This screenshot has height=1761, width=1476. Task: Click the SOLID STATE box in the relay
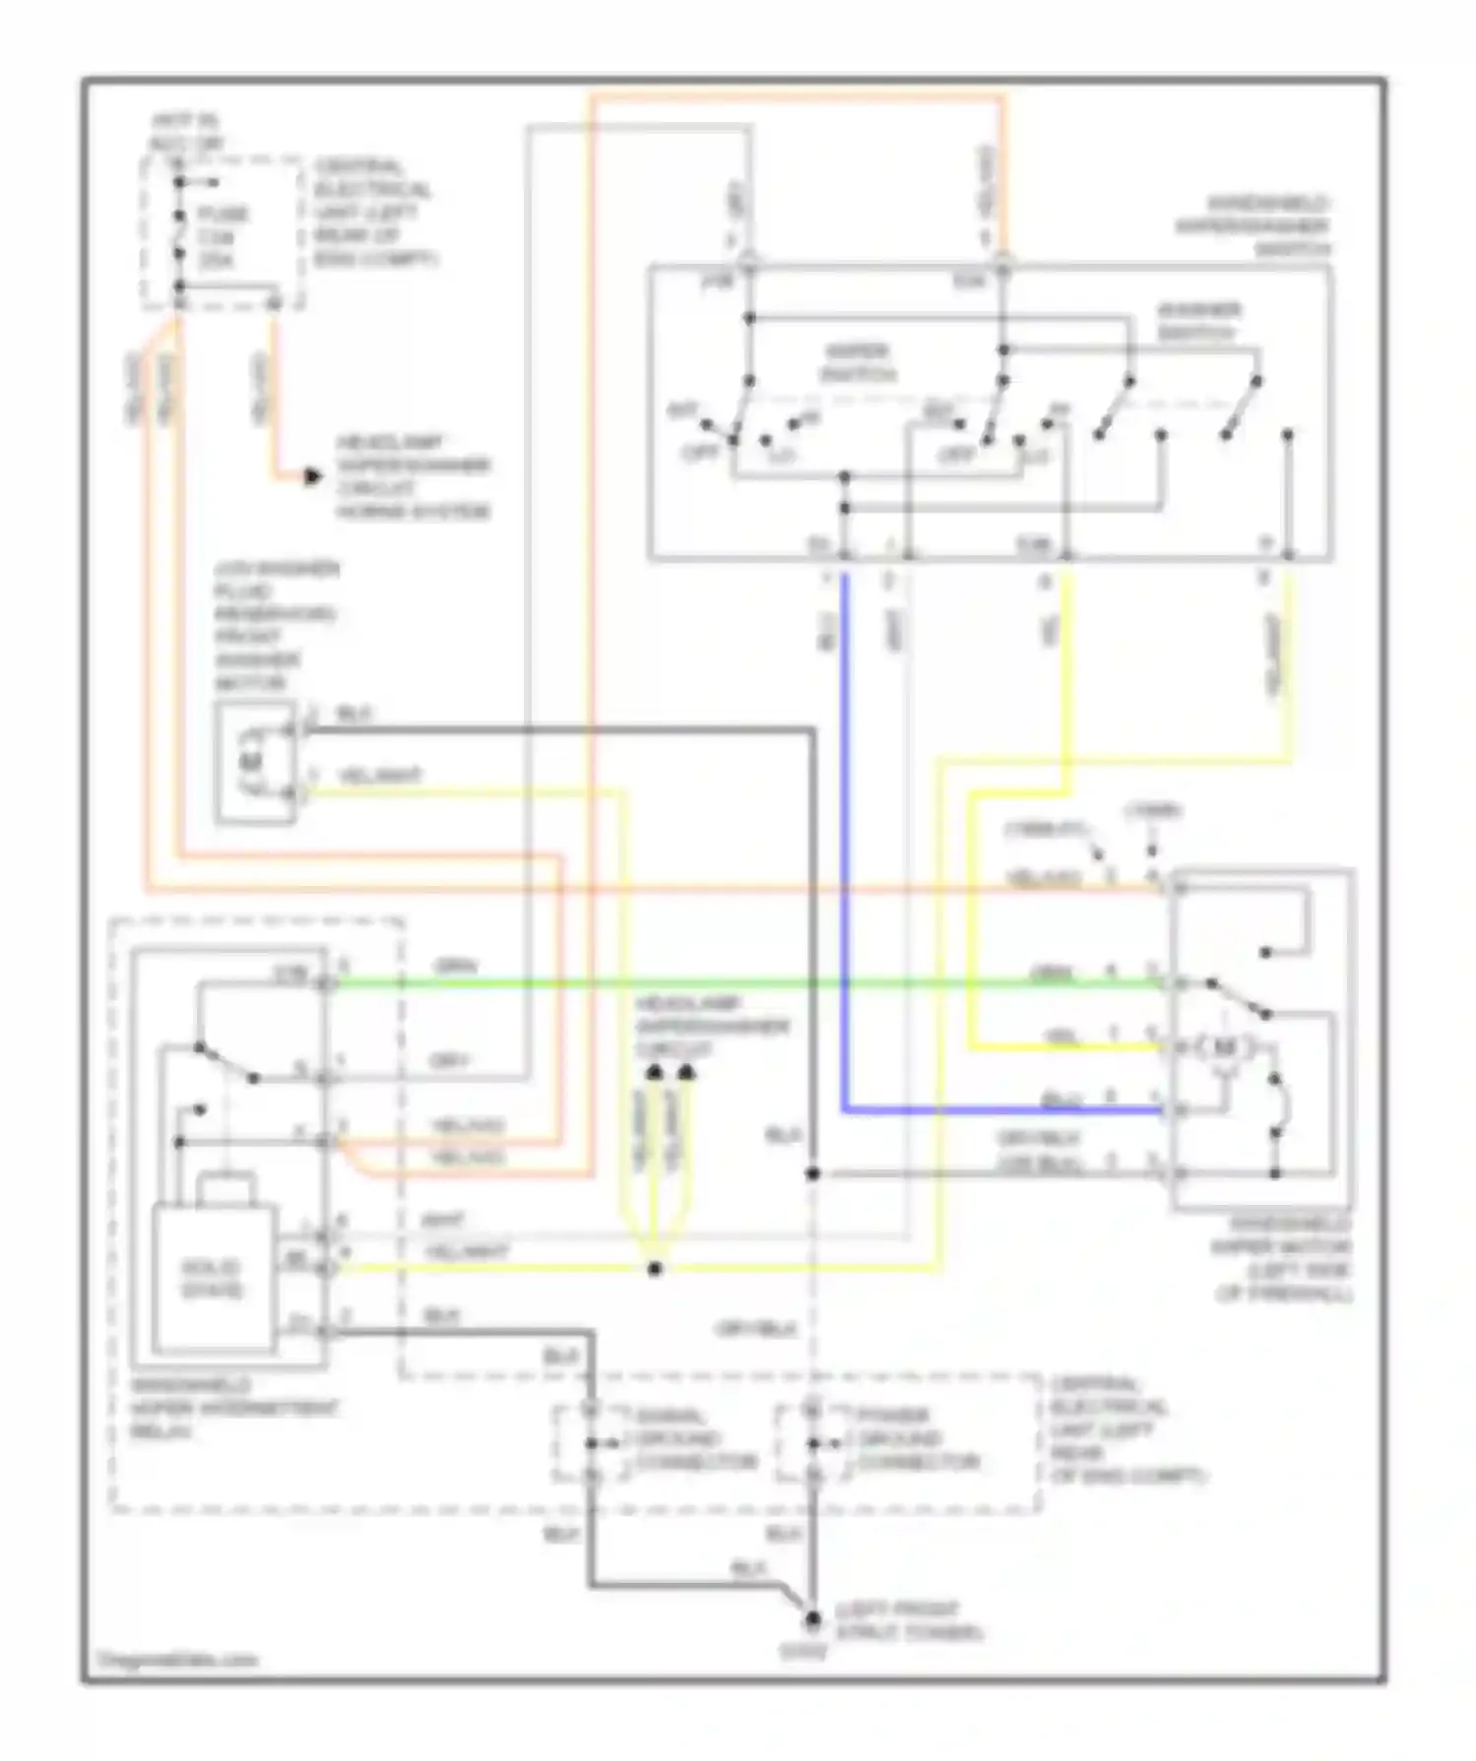tap(212, 1278)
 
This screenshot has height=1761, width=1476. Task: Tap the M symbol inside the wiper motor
tap(1225, 1047)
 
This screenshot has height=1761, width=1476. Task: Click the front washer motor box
tap(255, 761)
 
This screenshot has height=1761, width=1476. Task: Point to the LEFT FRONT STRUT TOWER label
tap(908, 1621)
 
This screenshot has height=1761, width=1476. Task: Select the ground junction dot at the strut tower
tap(813, 1618)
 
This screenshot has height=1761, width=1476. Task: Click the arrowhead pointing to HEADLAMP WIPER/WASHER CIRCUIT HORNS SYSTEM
tap(312, 477)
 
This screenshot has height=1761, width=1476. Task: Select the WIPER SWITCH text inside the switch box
tap(857, 362)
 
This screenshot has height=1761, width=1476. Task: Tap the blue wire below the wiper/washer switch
tap(845, 837)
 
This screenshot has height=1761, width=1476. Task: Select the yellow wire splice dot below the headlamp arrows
tap(655, 1269)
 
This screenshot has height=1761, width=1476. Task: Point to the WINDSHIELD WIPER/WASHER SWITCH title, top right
tap(1252, 226)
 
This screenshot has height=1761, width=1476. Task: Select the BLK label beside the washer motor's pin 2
tap(353, 715)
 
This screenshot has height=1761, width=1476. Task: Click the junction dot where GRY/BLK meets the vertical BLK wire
tap(813, 1173)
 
